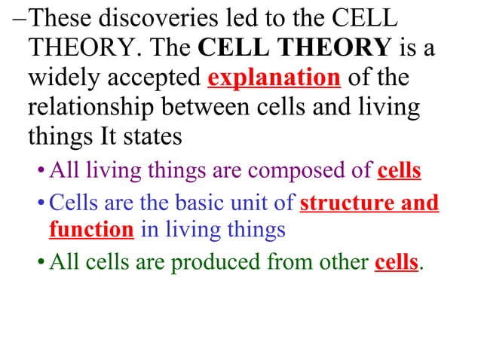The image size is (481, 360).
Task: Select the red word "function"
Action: pos(92,229)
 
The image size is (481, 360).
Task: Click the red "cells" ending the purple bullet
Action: pos(399,171)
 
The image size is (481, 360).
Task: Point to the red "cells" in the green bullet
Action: pos(396,264)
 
